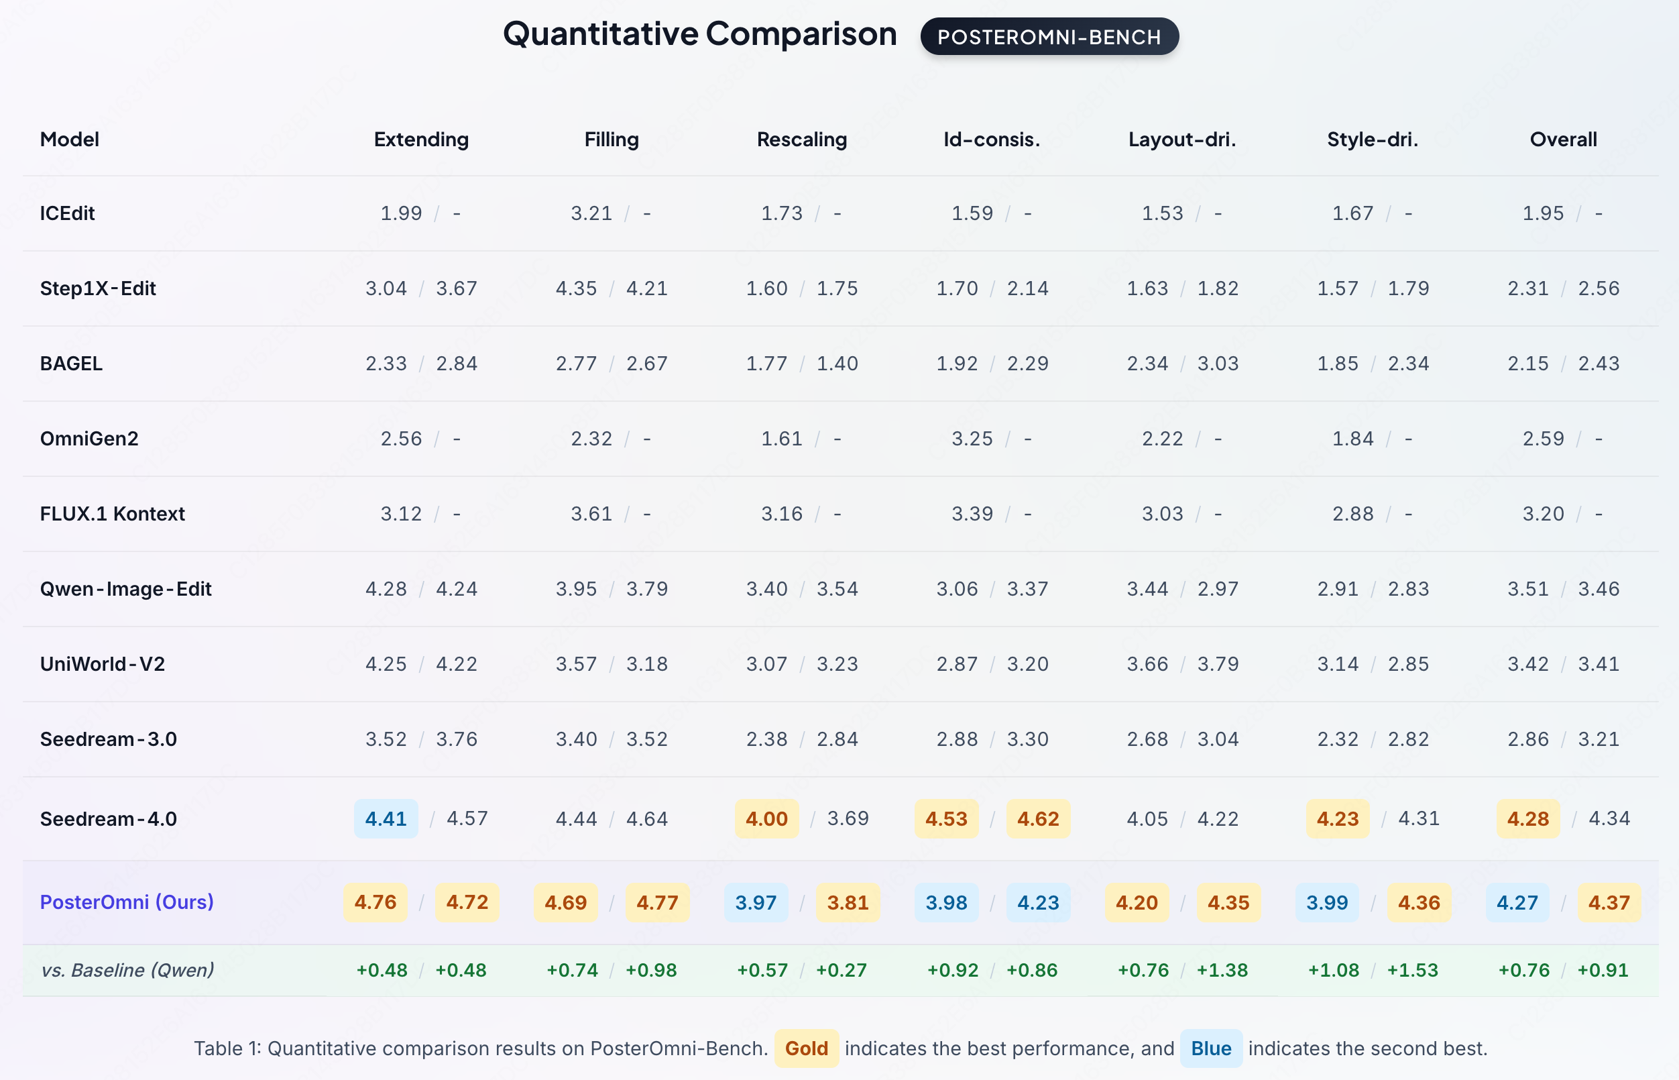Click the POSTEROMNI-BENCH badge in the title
click(x=1049, y=36)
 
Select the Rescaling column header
click(x=802, y=140)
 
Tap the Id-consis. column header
click(x=992, y=140)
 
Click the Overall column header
click(x=1563, y=140)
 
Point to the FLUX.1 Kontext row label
click(x=112, y=514)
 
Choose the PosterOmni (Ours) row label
click(x=127, y=902)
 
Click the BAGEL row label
click(x=71, y=364)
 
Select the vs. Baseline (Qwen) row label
click(x=127, y=970)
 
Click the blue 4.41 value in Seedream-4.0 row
click(x=386, y=818)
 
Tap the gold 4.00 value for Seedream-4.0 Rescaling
click(x=767, y=818)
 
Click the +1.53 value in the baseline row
click(x=1413, y=970)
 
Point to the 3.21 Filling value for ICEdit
click(x=591, y=213)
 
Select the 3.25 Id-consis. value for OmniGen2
click(x=972, y=439)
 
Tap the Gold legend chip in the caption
click(x=807, y=1048)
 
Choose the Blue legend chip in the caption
click(x=1212, y=1048)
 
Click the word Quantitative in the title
click(x=601, y=34)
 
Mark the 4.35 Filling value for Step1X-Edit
click(x=576, y=288)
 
